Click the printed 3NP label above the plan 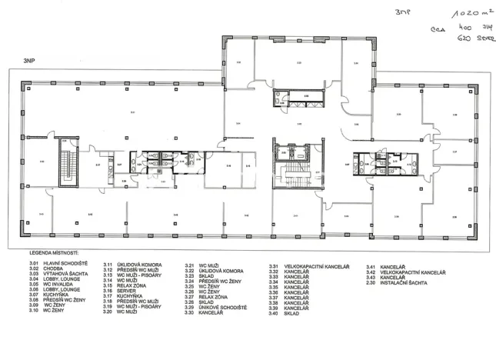coord(30,59)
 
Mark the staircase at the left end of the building coord(68,164)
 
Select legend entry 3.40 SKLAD coord(291,313)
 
